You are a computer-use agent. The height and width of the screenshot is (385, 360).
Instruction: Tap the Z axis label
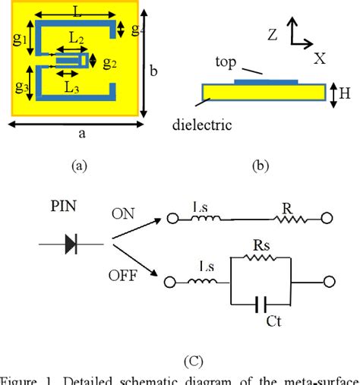[273, 33]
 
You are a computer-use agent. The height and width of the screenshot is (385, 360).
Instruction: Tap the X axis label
[319, 57]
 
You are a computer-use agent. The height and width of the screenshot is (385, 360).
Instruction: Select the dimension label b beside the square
[153, 71]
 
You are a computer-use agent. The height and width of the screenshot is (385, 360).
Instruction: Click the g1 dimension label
[21, 36]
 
